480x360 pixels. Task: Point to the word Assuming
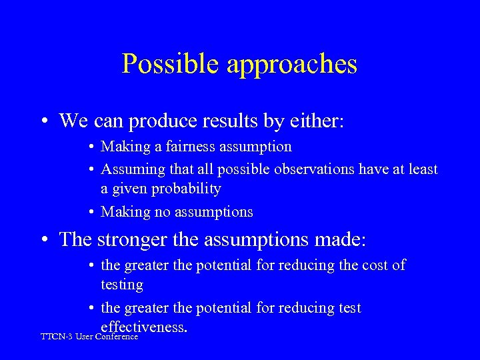click(x=130, y=169)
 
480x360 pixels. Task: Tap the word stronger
click(x=133, y=239)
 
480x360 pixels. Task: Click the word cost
click(x=372, y=265)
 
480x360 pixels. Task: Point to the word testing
click(x=122, y=285)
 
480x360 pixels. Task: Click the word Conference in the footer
click(x=117, y=337)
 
